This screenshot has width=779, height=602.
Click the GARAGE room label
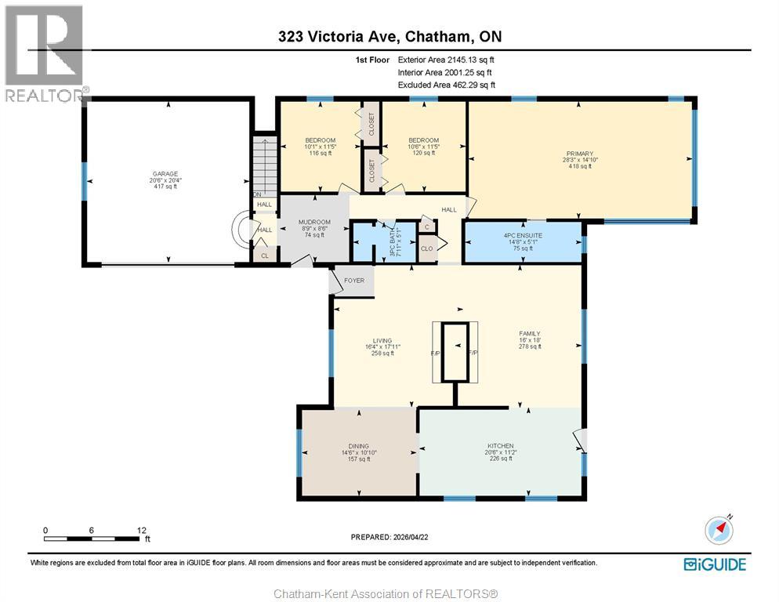click(x=165, y=174)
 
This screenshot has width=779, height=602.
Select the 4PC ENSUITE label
click(x=523, y=235)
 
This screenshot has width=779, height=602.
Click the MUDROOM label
click(x=314, y=222)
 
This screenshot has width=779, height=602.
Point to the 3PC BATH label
click(x=384, y=241)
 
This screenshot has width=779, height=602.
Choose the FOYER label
click(x=354, y=280)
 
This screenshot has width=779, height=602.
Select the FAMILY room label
click(x=530, y=333)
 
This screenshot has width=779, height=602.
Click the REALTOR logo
click(x=44, y=53)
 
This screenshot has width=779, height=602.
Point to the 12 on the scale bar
click(x=142, y=530)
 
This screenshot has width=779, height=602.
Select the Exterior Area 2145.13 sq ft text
click(x=446, y=59)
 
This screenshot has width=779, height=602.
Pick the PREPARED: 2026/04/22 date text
click(x=389, y=537)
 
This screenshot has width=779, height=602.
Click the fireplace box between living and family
click(x=452, y=352)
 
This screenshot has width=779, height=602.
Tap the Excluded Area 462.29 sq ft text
click(x=446, y=85)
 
